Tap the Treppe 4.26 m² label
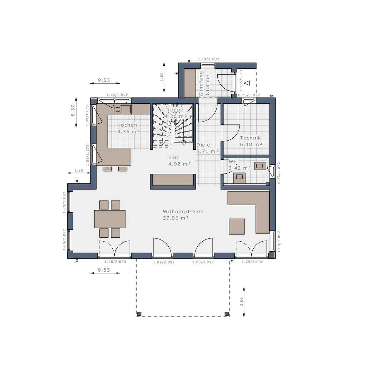pos(174,113)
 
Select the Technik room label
pos(251,141)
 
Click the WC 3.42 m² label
pos(240,165)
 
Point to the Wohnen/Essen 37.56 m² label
pos(183,214)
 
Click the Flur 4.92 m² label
pos(179,161)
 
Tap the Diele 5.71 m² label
pos(207,148)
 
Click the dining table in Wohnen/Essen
pos(110,219)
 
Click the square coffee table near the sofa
pos(237,227)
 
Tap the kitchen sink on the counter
pos(126,109)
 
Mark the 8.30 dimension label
pos(73,110)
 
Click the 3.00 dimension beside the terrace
pos(241,301)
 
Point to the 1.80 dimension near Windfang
pos(161,76)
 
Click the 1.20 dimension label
pos(79,170)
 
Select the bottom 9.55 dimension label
pos(104,270)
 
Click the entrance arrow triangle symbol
pos(247,83)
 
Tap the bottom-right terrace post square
pos(227,314)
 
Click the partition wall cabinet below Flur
pos(173,180)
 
